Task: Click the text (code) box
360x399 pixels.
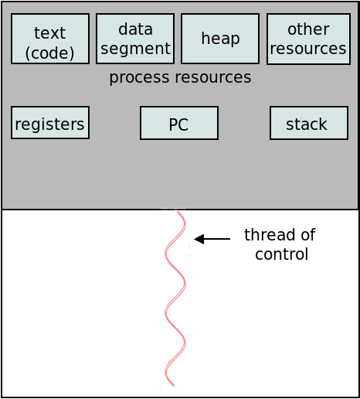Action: (x=50, y=39)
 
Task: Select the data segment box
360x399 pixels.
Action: (x=135, y=39)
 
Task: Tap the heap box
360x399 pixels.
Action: (x=220, y=39)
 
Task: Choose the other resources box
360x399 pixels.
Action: (x=308, y=39)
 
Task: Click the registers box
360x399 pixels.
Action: (x=50, y=123)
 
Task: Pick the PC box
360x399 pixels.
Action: (x=179, y=123)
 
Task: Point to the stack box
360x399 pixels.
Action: (x=309, y=123)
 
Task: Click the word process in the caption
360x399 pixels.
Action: (x=139, y=77)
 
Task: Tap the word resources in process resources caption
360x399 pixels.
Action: (x=213, y=77)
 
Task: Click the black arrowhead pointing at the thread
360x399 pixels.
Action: (x=199, y=239)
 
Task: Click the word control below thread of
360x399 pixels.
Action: (x=282, y=254)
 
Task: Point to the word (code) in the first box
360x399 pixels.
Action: (x=49, y=53)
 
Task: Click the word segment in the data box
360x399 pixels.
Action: (x=135, y=49)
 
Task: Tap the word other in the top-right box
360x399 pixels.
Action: (x=308, y=29)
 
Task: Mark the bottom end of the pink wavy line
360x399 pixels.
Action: (x=174, y=386)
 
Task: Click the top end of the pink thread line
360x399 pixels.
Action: (x=176, y=210)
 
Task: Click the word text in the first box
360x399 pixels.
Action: (x=49, y=33)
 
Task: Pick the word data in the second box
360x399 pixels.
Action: (x=135, y=29)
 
